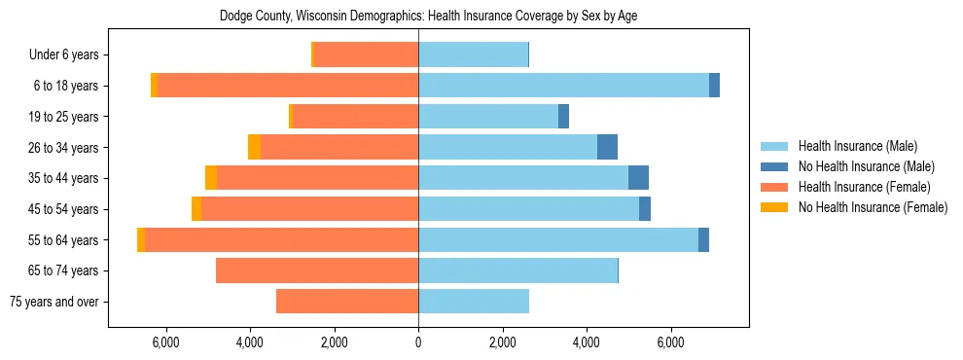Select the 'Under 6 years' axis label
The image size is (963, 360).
[x=70, y=55]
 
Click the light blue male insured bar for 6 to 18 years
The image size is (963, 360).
[x=564, y=86]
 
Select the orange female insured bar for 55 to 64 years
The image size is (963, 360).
[x=282, y=240]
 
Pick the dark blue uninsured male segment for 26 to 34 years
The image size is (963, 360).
[x=607, y=148]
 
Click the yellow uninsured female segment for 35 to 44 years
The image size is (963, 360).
[x=211, y=178]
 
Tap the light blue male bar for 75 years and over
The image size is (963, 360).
[x=474, y=302]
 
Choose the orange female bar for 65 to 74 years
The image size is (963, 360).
[x=317, y=270]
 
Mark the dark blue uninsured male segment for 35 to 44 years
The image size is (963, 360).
[x=638, y=178]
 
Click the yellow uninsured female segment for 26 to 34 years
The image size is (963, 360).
[x=254, y=148]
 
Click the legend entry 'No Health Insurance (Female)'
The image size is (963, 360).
[x=873, y=207]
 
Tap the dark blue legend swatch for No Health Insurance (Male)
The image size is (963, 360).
[x=775, y=166]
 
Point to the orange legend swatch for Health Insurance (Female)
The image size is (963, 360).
[x=775, y=187]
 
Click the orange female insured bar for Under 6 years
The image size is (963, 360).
[x=367, y=55]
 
